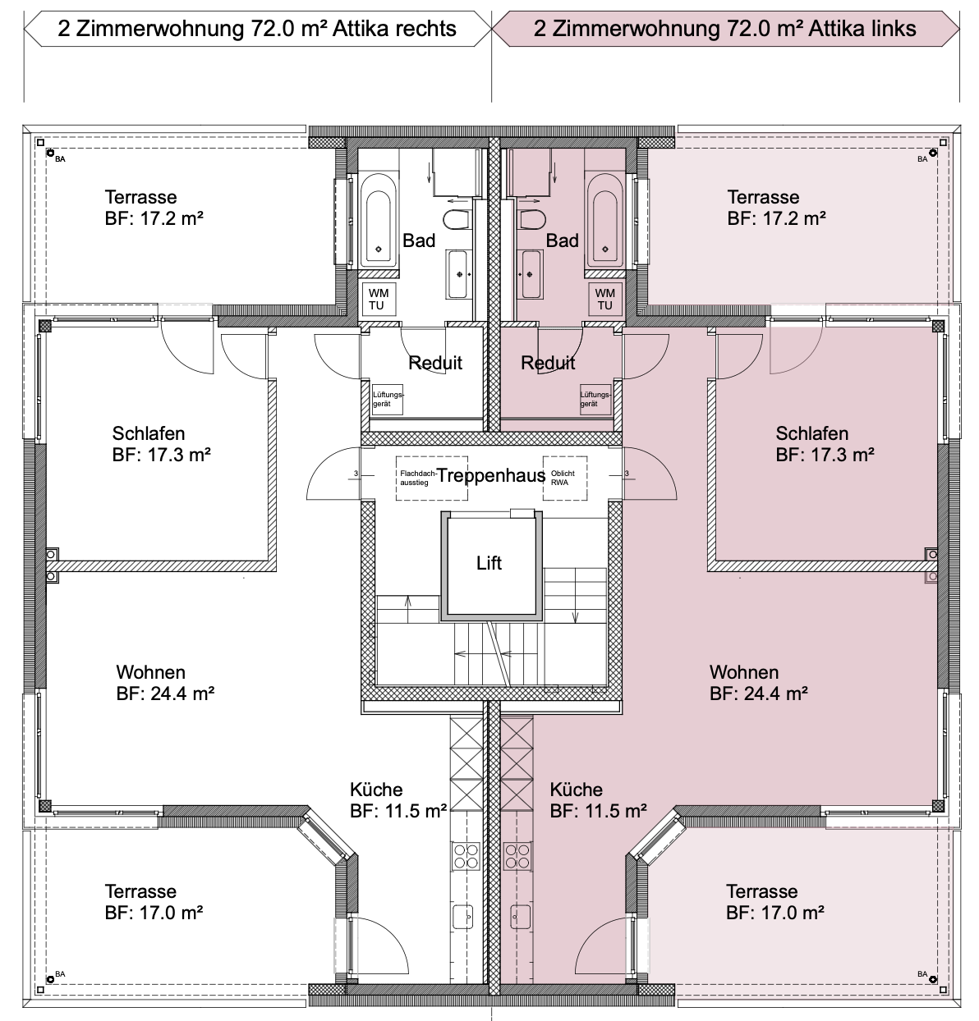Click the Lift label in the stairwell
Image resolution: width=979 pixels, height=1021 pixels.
[489, 563]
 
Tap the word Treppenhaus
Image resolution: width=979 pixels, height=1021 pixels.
[491, 475]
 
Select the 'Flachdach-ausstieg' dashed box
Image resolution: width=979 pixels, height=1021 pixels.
[431, 478]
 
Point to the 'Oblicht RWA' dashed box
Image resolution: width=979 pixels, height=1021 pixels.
[565, 478]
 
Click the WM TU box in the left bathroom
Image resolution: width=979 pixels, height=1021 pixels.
[377, 299]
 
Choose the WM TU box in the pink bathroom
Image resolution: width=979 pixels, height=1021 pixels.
[604, 299]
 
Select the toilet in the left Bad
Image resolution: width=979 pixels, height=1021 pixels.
[456, 220]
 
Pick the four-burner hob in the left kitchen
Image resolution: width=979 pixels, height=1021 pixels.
[466, 856]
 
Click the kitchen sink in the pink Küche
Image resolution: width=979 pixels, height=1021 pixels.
[520, 917]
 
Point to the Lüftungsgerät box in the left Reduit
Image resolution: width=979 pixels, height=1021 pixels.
[387, 399]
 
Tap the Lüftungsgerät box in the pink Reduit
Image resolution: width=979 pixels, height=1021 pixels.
[595, 399]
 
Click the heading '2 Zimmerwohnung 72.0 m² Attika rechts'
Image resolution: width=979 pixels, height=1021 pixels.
[257, 29]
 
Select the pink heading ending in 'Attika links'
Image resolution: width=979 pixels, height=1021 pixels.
[725, 29]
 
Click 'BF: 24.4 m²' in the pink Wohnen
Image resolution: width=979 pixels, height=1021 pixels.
[759, 694]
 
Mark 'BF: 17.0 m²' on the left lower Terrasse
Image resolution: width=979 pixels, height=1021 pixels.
[154, 913]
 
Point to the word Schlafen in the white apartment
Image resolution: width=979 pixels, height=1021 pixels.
[149, 433]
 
